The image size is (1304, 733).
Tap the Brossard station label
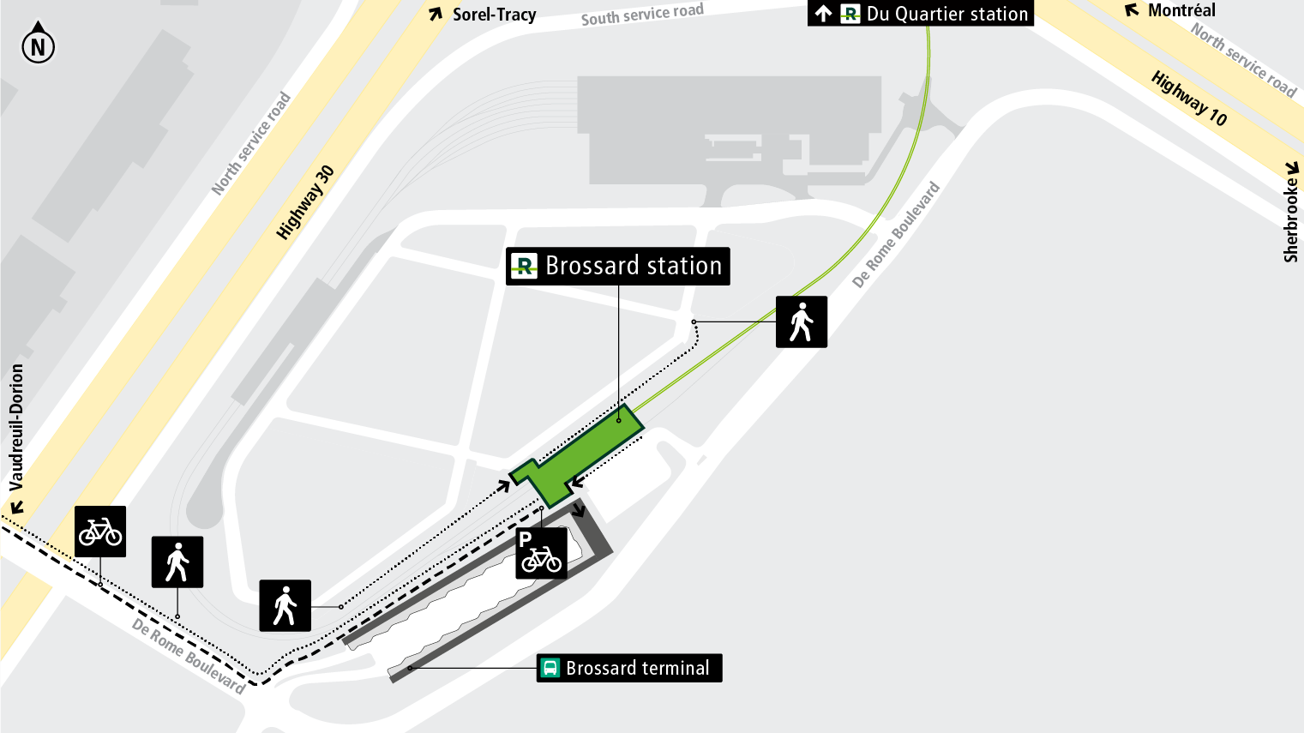[x=618, y=266]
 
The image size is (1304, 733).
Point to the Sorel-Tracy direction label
[x=494, y=15]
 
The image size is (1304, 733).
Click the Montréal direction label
[x=1181, y=11]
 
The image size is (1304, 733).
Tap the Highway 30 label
[x=304, y=202]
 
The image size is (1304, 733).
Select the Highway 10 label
[x=1189, y=99]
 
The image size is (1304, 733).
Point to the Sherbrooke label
[x=1290, y=219]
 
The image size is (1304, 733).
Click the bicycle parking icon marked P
[x=541, y=553]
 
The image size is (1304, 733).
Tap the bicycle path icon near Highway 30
[x=100, y=532]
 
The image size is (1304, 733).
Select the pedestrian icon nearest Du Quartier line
[x=802, y=321]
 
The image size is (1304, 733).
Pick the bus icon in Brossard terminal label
[x=550, y=668]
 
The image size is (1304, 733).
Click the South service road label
[x=642, y=14]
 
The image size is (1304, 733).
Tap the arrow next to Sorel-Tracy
[x=436, y=14]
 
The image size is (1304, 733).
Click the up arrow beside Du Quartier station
[x=823, y=14]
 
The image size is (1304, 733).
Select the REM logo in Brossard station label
[x=523, y=266]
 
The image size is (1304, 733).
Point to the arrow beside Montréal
[x=1133, y=11]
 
